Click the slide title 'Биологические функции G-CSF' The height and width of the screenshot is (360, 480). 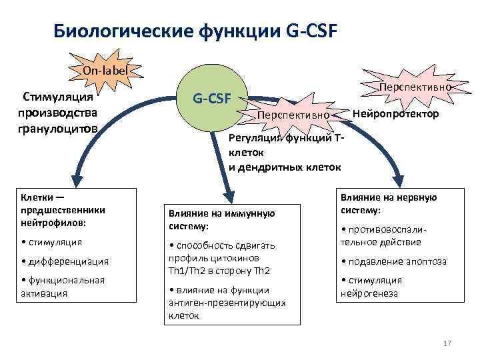coord(195,31)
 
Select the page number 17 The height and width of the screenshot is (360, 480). coord(447,343)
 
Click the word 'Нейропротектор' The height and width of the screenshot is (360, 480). coord(395,114)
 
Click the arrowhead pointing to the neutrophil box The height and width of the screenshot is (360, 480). coord(79,177)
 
